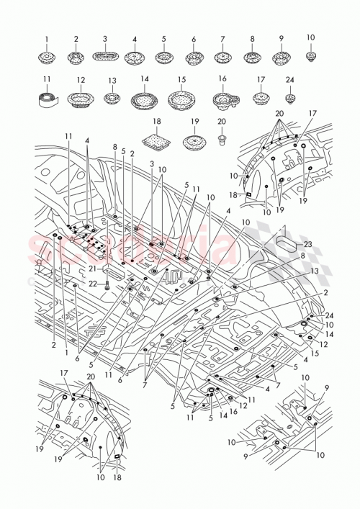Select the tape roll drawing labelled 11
click(x=47, y=96)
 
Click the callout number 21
click(x=91, y=268)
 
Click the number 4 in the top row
click(x=134, y=38)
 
